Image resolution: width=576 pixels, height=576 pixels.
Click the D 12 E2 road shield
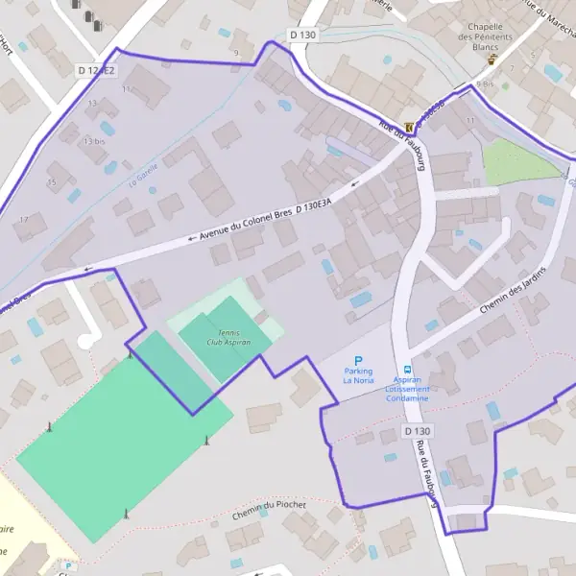pos(95,70)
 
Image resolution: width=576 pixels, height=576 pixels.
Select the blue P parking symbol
pos(358,360)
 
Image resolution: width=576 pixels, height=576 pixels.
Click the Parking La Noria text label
pos(358,375)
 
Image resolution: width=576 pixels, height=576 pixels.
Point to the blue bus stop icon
pos(407,370)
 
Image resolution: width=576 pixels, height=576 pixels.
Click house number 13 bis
pos(93,141)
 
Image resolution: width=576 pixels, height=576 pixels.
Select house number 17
pos(24,220)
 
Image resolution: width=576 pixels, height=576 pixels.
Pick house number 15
pos(52,180)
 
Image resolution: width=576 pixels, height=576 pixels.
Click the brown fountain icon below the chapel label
pos(492,59)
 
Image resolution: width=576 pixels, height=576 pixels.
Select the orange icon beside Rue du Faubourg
pos(412,126)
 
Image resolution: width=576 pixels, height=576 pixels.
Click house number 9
pos(235,53)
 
